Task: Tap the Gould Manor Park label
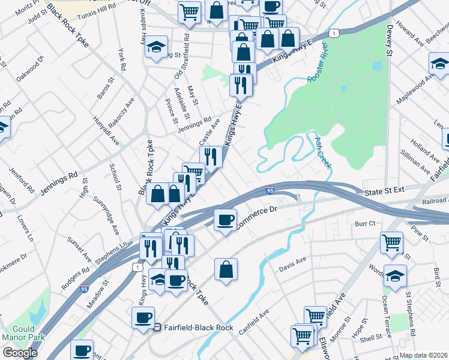click(x=23, y=334)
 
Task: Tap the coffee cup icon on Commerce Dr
click(x=225, y=220)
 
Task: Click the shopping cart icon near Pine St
click(x=391, y=243)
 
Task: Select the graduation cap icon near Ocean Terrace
click(x=396, y=276)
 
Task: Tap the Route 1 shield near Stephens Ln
click(x=138, y=266)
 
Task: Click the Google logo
click(x=20, y=353)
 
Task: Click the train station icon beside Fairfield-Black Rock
click(x=157, y=328)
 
